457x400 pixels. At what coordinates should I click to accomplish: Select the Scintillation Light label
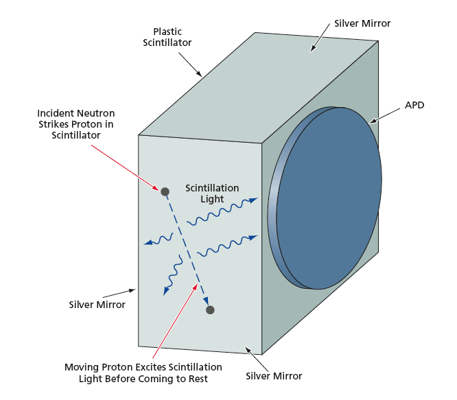tap(212, 193)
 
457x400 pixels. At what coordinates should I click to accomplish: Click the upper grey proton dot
tap(165, 191)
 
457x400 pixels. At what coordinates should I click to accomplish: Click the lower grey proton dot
tap(210, 310)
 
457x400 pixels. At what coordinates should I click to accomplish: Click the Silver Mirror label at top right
tap(362, 23)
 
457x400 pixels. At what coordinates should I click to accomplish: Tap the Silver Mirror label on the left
tap(97, 305)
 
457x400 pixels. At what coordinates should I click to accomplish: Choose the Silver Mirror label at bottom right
tap(274, 376)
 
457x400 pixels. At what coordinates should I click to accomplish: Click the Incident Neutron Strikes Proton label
tap(75, 124)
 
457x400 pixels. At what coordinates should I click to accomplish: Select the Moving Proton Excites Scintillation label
tap(143, 373)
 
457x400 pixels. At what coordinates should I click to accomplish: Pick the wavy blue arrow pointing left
tap(157, 239)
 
